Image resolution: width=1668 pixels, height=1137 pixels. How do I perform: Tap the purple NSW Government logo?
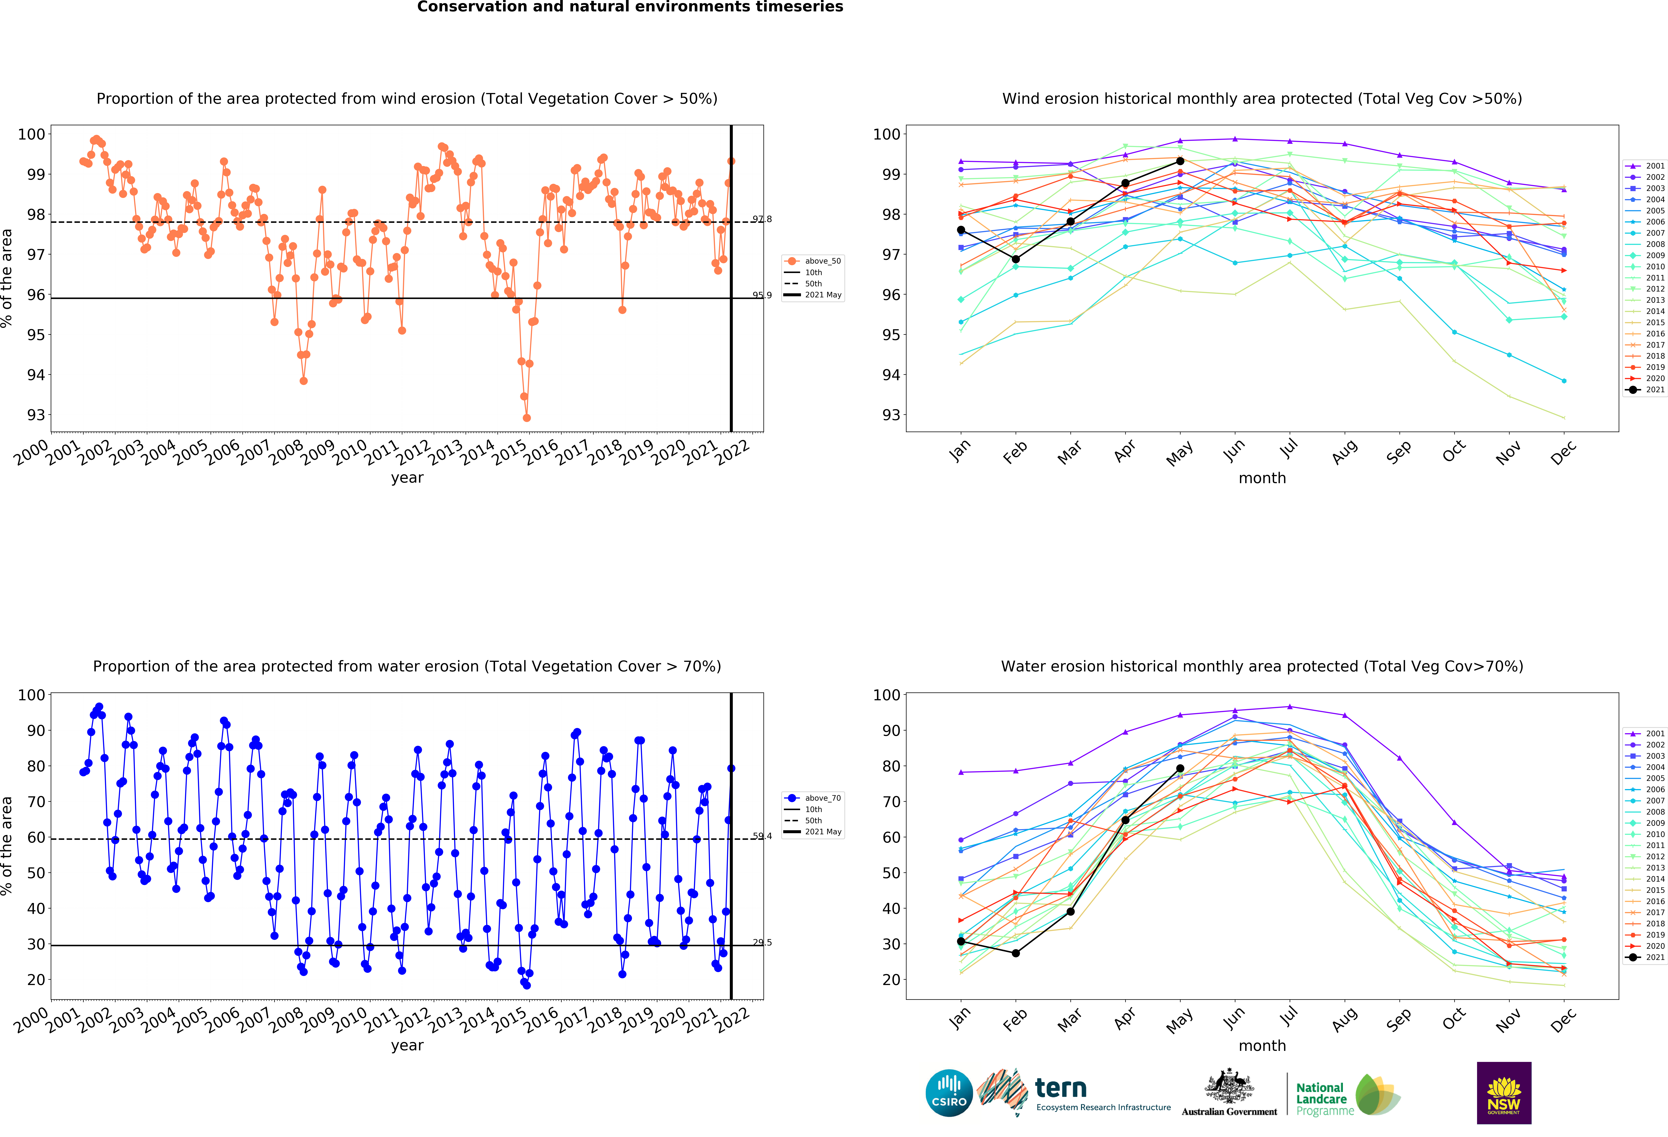pos(1504,1093)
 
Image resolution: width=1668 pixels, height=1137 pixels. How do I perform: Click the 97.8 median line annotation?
pos(762,219)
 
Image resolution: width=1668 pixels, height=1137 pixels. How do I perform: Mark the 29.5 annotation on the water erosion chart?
pos(762,942)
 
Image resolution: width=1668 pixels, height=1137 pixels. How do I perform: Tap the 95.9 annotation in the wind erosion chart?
pos(762,295)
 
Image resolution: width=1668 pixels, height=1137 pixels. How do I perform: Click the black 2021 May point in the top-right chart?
pos(1180,162)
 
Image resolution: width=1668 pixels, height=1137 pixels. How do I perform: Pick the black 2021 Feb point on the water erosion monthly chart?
pos(1016,953)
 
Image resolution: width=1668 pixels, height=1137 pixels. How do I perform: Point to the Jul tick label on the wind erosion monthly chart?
pos(1289,449)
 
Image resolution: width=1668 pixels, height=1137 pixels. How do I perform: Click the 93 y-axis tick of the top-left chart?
pos(36,415)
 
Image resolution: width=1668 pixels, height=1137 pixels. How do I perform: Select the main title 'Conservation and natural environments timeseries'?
pos(630,7)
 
